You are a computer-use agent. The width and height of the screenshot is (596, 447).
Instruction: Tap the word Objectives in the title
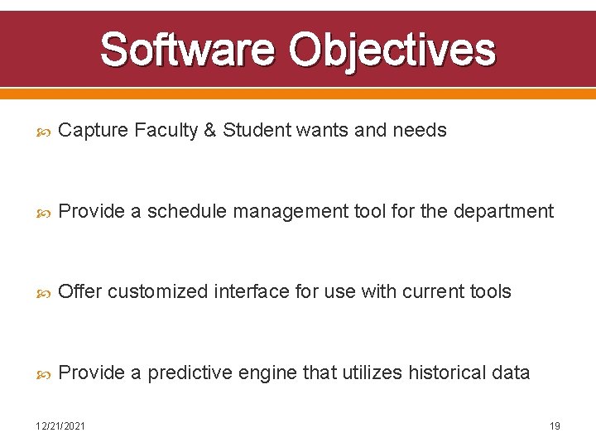(392, 50)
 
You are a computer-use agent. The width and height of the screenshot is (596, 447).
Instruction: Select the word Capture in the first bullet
(94, 131)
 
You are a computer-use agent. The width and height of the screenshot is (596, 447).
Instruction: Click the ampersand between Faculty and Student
(210, 131)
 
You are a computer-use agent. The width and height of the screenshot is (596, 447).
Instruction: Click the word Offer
(81, 292)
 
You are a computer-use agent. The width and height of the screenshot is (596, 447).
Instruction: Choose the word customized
(157, 292)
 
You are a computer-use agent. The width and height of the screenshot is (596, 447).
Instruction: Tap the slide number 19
(555, 426)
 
